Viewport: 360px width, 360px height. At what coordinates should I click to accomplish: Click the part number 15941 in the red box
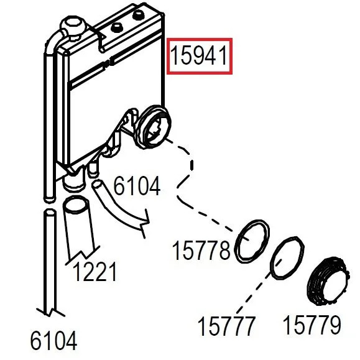[x=199, y=56]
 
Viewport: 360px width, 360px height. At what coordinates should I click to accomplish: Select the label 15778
[x=201, y=250]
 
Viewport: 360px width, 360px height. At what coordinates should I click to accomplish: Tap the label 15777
[x=226, y=326]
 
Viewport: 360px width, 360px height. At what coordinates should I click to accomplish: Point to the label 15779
[x=312, y=325]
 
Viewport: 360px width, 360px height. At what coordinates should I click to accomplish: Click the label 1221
[x=95, y=272]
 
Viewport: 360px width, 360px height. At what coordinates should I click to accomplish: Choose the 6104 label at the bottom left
[x=53, y=341]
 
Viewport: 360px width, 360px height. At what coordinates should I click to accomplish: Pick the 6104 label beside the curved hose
[x=137, y=186]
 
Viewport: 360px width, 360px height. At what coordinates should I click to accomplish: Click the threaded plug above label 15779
[x=328, y=281]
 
